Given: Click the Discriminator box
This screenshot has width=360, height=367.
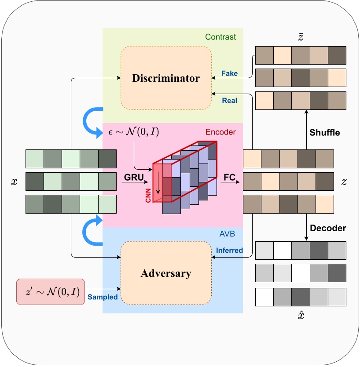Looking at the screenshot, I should (166, 78).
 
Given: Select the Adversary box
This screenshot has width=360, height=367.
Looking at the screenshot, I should (166, 273).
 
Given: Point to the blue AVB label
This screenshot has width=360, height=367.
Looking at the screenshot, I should (227, 235).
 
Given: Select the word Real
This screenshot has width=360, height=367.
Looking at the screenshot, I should (230, 101).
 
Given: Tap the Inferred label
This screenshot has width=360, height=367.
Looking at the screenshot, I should (229, 250).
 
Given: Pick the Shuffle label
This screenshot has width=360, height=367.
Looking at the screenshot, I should (325, 132).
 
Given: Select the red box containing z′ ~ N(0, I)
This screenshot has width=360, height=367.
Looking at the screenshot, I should (50, 291).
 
